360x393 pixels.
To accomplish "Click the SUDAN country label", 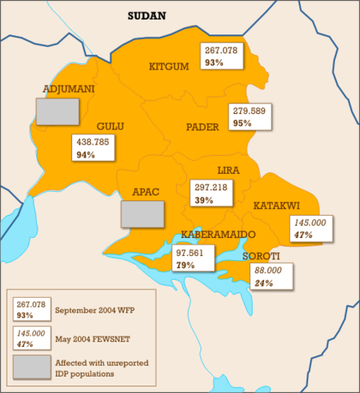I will click(x=147, y=16).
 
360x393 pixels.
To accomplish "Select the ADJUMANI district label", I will click(x=68, y=89).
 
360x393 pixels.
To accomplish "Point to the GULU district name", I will click(x=111, y=126).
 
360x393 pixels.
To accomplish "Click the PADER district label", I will click(x=203, y=126).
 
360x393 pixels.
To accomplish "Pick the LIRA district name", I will click(x=228, y=170).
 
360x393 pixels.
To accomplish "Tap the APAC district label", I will click(x=145, y=192).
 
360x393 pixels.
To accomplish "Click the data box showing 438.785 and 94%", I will click(x=94, y=148).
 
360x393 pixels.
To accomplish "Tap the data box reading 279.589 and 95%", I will click(x=250, y=117).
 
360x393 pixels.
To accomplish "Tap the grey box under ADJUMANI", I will click(x=57, y=112).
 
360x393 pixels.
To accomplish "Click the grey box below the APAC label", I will click(x=142, y=213).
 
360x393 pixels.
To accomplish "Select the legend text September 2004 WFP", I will click(x=93, y=310).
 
